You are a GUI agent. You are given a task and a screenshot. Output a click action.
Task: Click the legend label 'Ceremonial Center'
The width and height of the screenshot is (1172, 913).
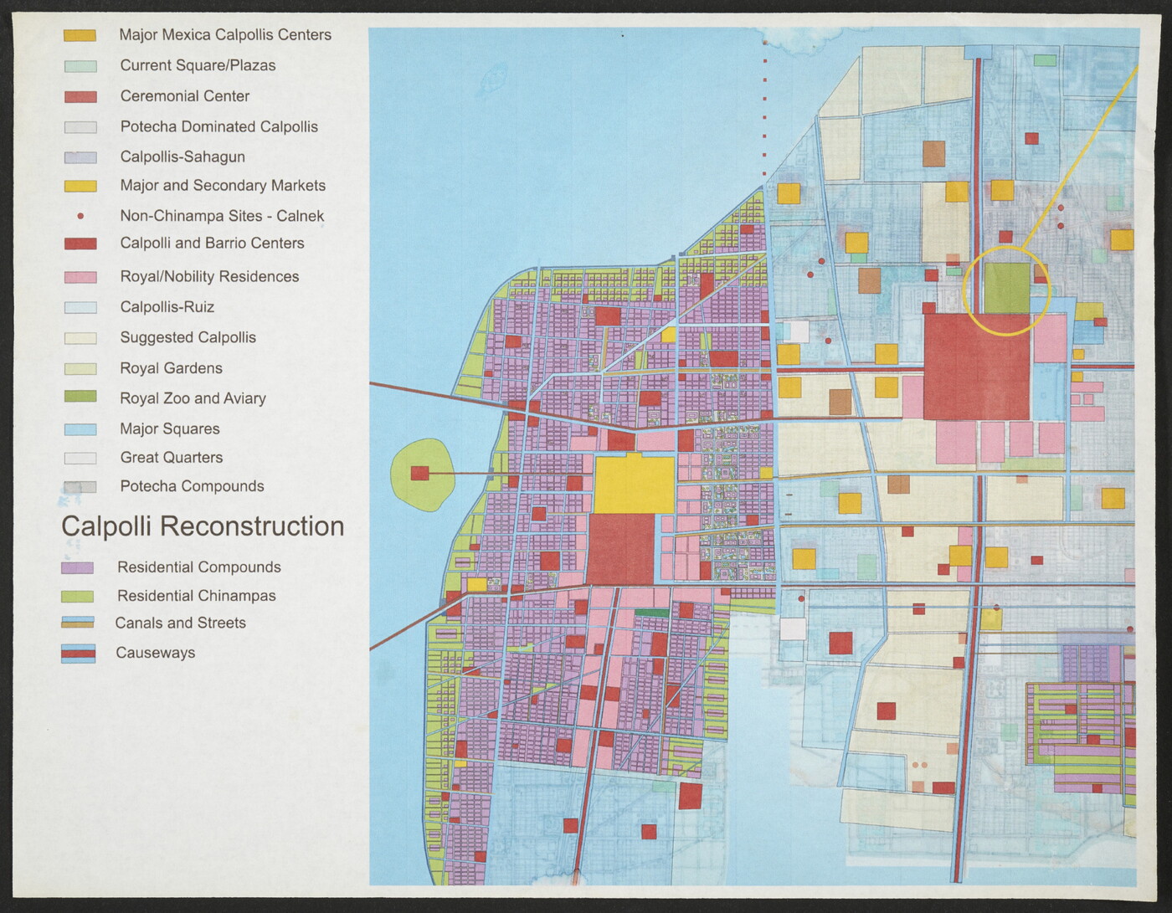click(184, 96)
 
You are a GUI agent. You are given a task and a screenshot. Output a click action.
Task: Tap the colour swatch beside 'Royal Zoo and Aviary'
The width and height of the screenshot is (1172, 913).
click(80, 397)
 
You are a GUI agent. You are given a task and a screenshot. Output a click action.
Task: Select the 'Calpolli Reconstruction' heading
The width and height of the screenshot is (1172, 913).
click(203, 526)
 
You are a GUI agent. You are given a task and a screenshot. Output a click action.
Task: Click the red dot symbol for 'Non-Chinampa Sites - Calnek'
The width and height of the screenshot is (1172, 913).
click(80, 216)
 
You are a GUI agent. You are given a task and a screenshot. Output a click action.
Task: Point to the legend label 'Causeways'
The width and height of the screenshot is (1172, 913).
click(155, 653)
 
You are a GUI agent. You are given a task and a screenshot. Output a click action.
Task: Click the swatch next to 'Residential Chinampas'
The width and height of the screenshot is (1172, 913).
click(77, 597)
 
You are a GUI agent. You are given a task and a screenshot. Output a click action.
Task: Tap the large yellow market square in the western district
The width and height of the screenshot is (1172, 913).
click(634, 485)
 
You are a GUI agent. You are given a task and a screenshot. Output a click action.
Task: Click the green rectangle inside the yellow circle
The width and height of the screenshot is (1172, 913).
click(1006, 288)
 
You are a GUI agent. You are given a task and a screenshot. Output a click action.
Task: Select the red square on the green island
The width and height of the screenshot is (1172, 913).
click(419, 474)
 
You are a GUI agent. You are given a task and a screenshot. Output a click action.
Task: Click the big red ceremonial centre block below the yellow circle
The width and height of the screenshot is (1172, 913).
click(976, 367)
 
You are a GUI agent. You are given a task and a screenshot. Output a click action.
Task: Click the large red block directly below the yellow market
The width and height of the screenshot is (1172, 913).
click(620, 549)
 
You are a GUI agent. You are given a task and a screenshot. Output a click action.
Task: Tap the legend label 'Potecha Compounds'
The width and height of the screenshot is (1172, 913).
click(192, 486)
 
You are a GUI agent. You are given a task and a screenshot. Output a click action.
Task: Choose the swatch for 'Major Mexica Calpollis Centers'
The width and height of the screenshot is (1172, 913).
click(80, 35)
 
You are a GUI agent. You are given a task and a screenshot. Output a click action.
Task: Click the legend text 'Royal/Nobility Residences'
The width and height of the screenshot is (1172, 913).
click(209, 276)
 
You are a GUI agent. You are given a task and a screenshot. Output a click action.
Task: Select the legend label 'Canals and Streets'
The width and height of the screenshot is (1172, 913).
click(180, 623)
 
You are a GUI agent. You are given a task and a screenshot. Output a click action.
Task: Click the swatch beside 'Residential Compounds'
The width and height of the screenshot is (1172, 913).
click(77, 567)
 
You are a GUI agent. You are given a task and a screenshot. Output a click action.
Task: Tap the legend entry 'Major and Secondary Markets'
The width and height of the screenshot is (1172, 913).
click(222, 186)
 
